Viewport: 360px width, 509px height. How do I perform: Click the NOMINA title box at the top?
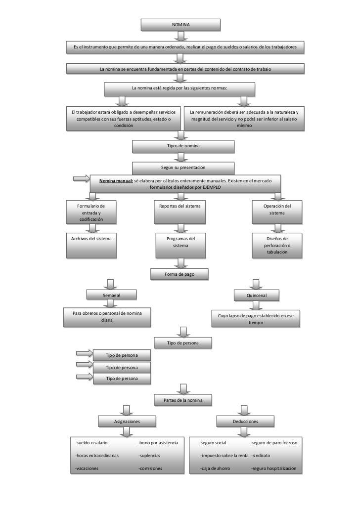(180, 25)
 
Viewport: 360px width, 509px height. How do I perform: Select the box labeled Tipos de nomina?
(182, 146)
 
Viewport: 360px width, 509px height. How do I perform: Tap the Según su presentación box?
(182, 168)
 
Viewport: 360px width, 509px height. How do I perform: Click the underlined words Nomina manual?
(116, 181)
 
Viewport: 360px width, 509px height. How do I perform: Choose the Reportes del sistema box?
(180, 212)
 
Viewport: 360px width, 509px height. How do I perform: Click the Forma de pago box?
(180, 274)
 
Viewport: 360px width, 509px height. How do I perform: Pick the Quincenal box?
(256, 295)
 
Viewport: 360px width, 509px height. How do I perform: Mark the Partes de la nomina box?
(183, 400)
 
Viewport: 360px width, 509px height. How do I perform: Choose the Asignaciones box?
(127, 422)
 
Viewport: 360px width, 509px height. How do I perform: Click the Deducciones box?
(245, 422)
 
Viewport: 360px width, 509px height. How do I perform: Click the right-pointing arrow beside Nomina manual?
(81, 178)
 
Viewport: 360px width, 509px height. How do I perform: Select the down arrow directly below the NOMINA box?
(182, 36)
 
